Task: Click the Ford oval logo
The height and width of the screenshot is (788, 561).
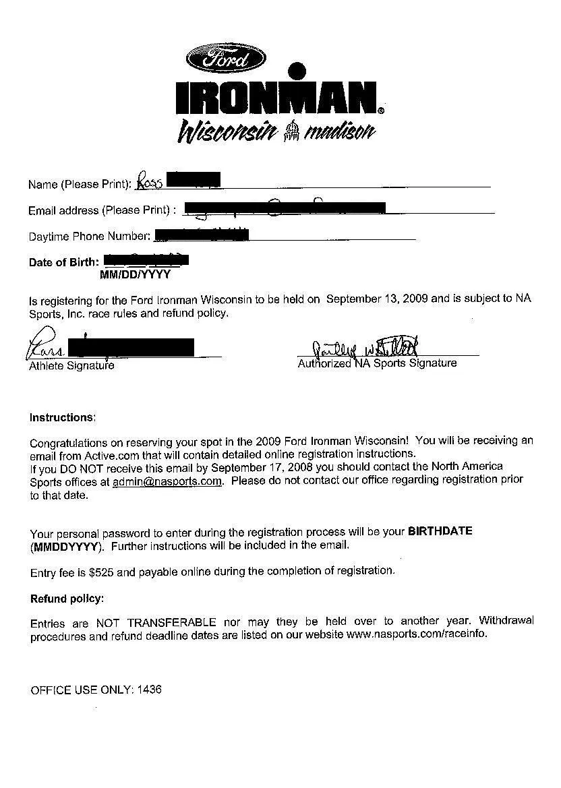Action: tap(226, 59)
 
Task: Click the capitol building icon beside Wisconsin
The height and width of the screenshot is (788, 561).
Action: tap(291, 130)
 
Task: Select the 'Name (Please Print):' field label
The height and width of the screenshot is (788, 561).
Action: tap(80, 184)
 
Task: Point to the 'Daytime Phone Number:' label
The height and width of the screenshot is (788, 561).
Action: tap(89, 237)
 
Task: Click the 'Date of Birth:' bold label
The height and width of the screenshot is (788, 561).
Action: tap(64, 262)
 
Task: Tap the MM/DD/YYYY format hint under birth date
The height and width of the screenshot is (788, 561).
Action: tap(135, 275)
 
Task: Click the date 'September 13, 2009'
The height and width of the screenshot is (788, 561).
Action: tap(377, 299)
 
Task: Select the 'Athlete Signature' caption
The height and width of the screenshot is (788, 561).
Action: tap(71, 366)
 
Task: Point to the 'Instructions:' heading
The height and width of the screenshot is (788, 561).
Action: tap(63, 418)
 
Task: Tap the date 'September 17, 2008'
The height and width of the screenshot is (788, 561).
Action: tap(262, 467)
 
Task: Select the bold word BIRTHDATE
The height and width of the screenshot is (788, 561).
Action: tap(440, 531)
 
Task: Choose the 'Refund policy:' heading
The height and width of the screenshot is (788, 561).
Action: tap(67, 599)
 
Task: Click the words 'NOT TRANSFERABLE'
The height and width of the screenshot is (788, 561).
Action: tap(156, 622)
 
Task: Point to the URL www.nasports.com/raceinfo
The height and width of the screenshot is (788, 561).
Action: tap(416, 634)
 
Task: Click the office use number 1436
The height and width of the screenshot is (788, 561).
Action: tap(149, 690)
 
